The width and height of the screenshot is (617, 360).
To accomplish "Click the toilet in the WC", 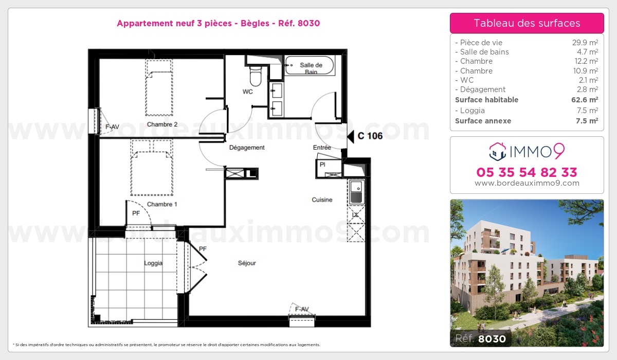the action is [256, 76].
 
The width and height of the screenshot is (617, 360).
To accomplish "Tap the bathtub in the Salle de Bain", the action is [310, 65].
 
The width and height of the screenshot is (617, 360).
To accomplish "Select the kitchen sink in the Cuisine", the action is [357, 192].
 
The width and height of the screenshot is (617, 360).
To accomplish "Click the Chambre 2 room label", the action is [162, 124].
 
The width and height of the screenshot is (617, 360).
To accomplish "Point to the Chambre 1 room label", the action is [162, 204].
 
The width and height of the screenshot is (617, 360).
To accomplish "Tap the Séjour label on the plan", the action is [247, 263].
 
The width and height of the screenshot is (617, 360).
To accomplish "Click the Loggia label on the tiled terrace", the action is [153, 263].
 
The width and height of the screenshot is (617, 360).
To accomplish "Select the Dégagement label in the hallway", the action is [247, 148].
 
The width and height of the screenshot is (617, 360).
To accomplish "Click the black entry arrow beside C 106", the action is [350, 136].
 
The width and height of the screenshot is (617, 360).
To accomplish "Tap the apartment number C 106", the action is [370, 136].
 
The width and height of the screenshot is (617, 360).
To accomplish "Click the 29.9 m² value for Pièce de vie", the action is [585, 42].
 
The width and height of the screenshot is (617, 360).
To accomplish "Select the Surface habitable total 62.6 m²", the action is [585, 99].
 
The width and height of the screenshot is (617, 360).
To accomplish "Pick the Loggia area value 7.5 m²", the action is [587, 110].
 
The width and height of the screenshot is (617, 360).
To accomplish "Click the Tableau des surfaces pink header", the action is [527, 23].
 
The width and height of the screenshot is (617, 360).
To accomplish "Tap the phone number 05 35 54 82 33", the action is [527, 172].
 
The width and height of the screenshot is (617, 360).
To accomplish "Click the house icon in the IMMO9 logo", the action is [498, 152].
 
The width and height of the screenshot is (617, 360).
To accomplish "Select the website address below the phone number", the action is [527, 183].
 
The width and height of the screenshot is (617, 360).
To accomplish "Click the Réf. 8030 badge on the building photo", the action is [481, 338].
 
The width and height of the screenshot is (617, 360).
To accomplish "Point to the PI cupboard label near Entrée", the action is [322, 165].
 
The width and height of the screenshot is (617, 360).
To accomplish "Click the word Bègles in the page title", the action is [255, 23].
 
